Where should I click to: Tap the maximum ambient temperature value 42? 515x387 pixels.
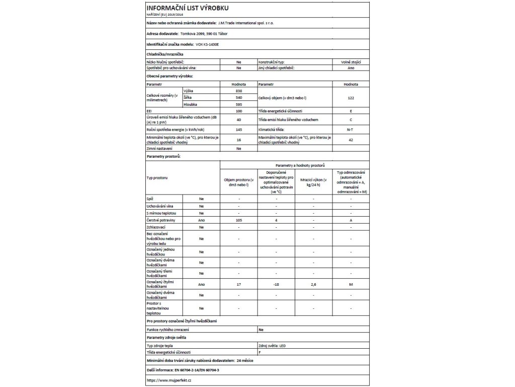(351, 140)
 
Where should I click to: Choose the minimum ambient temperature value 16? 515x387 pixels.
(239, 140)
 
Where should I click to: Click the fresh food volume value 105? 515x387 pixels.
(239, 220)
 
